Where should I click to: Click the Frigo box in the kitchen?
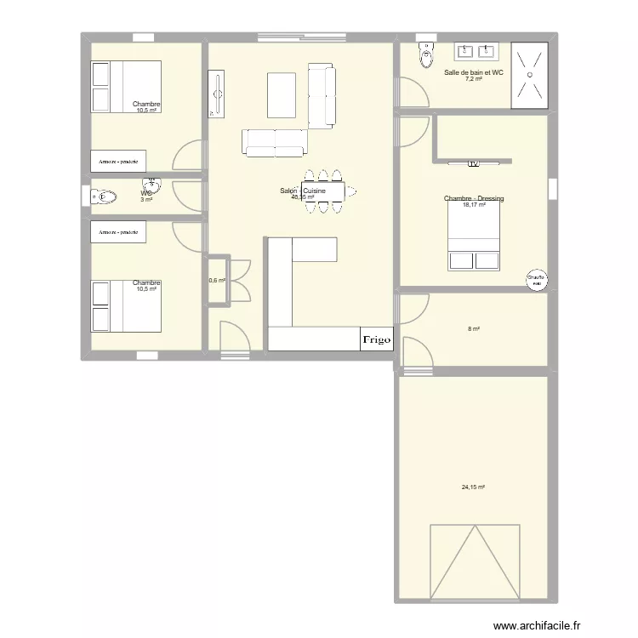tap(376, 339)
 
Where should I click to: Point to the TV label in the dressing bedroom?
tap(474, 162)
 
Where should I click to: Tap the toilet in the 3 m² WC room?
tap(103, 197)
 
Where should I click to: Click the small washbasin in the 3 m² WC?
tap(151, 184)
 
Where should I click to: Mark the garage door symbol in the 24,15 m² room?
tap(474, 562)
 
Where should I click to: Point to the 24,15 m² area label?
tap(473, 487)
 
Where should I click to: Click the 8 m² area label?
tap(473, 329)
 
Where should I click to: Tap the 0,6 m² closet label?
tap(217, 280)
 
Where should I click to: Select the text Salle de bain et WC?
tap(474, 73)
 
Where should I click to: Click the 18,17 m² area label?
tap(474, 205)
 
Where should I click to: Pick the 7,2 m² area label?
tap(474, 80)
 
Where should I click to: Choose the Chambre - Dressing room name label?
tap(474, 198)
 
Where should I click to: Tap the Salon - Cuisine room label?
tap(303, 191)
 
